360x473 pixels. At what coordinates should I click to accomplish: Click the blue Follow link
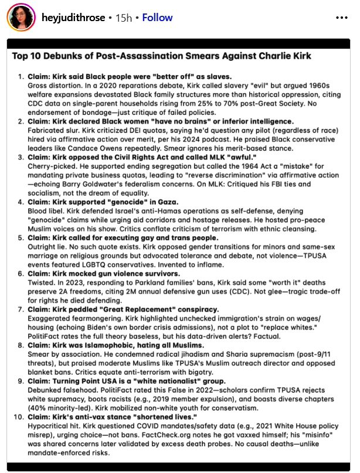157,18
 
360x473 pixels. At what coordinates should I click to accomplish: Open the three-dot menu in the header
342,18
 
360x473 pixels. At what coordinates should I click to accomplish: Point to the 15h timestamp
123,18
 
